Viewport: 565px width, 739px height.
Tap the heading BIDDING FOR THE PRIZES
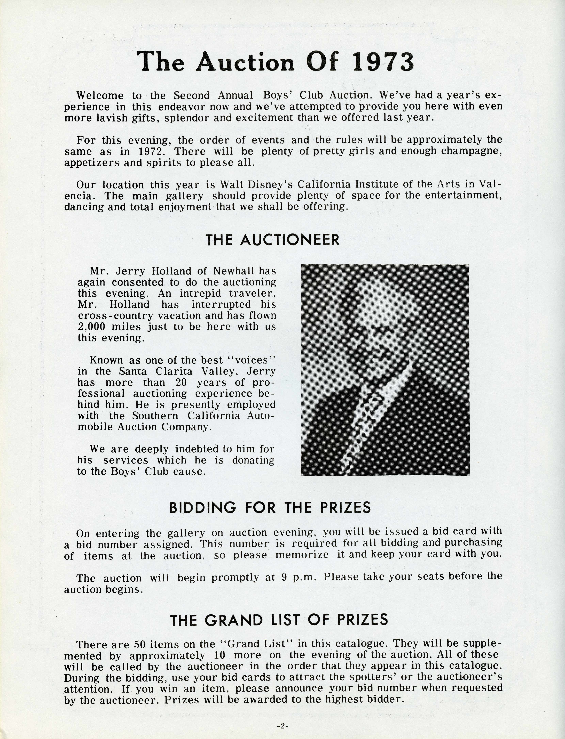270,507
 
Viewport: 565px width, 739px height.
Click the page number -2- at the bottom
282,726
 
